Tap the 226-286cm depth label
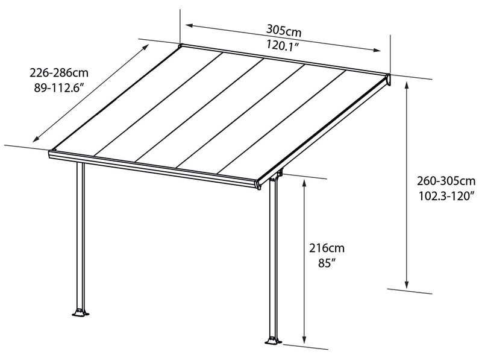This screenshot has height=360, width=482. tap(59, 72)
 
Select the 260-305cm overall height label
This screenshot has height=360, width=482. tap(446, 180)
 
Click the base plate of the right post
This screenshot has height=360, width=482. tap(273, 341)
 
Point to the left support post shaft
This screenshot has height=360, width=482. tap(80, 235)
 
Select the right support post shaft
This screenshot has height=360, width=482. tap(272, 259)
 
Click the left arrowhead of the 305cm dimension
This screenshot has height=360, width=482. tap(188, 25)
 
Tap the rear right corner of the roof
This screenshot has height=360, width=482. tap(388, 77)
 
